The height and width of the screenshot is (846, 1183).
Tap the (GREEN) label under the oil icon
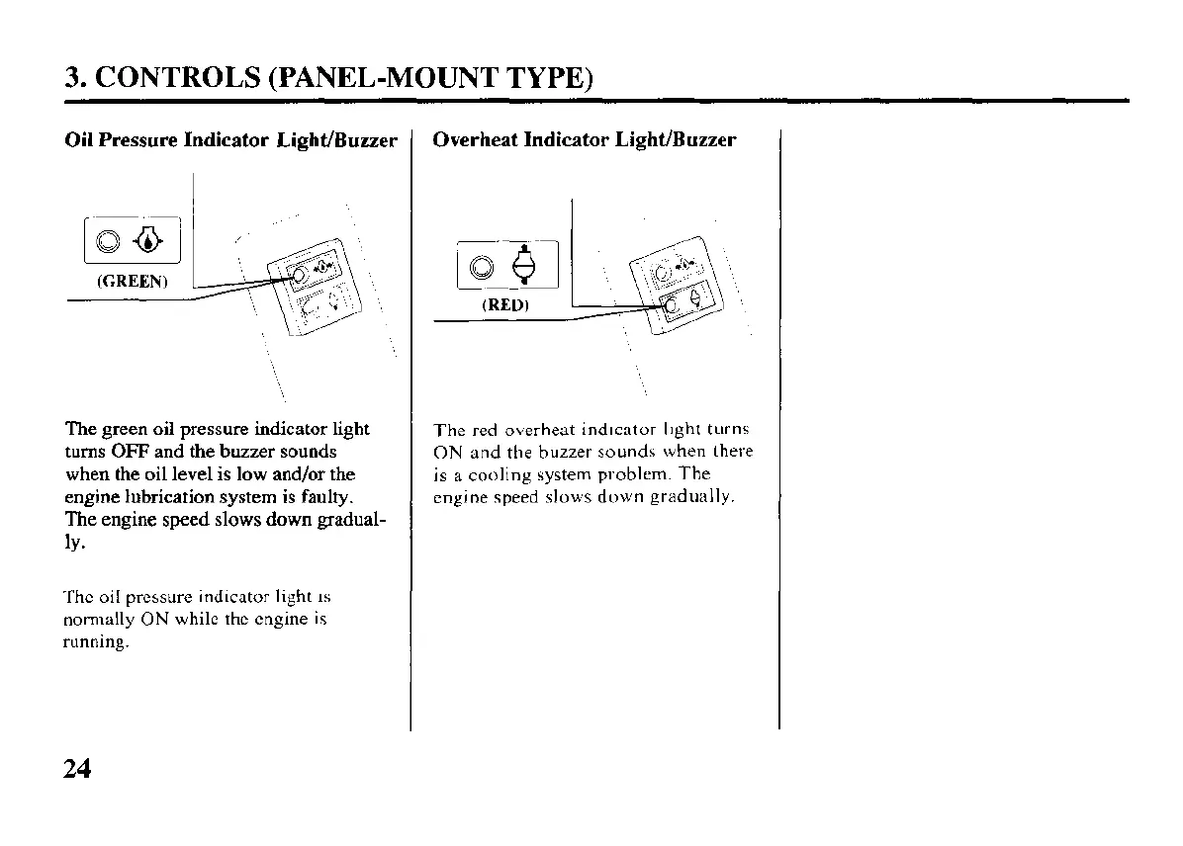[133, 281]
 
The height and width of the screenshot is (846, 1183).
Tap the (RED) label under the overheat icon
[505, 305]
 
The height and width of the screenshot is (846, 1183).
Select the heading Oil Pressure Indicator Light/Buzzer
[230, 139]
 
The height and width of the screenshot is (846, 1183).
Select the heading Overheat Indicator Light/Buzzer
[585, 139]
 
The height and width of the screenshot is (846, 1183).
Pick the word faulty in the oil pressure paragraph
[325, 496]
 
